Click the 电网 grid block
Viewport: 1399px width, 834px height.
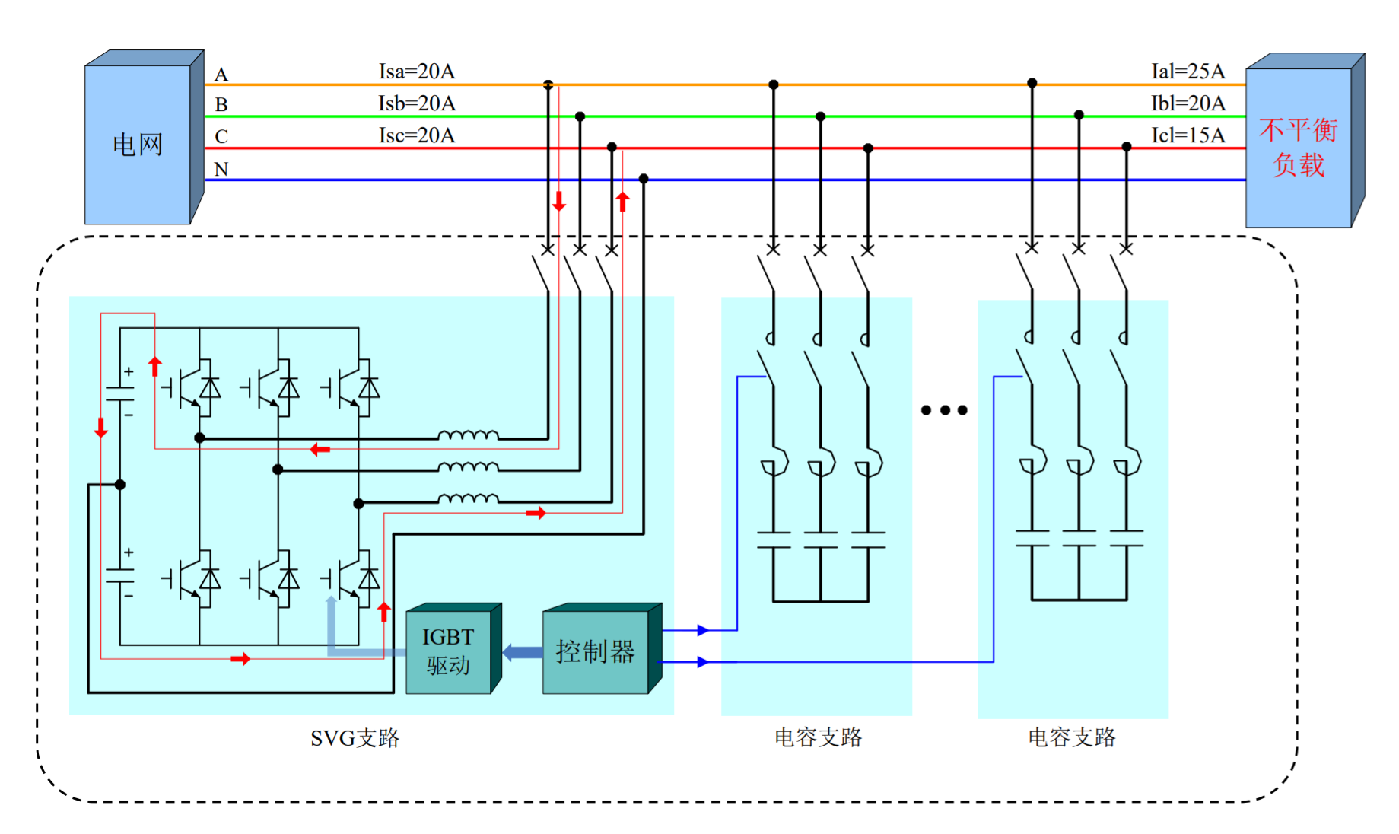[138, 144]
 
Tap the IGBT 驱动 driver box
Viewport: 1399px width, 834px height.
[448, 651]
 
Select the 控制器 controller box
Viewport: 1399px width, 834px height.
[595, 651]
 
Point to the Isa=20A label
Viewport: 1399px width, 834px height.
[417, 72]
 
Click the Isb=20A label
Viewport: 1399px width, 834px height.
[417, 103]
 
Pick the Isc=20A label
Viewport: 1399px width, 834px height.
[417, 135]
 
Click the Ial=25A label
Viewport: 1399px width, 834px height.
[1188, 72]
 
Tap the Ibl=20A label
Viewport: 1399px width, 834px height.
[1188, 103]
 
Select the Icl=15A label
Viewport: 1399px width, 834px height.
[1188, 135]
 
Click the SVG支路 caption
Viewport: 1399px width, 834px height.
[355, 738]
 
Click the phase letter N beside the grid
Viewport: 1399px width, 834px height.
[221, 169]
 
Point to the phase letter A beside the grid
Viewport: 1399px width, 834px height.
[221, 75]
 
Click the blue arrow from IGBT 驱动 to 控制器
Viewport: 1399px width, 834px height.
[523, 652]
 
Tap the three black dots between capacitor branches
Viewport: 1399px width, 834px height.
[944, 410]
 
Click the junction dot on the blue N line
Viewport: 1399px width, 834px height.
[644, 179]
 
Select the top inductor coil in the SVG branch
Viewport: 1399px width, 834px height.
[468, 435]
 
